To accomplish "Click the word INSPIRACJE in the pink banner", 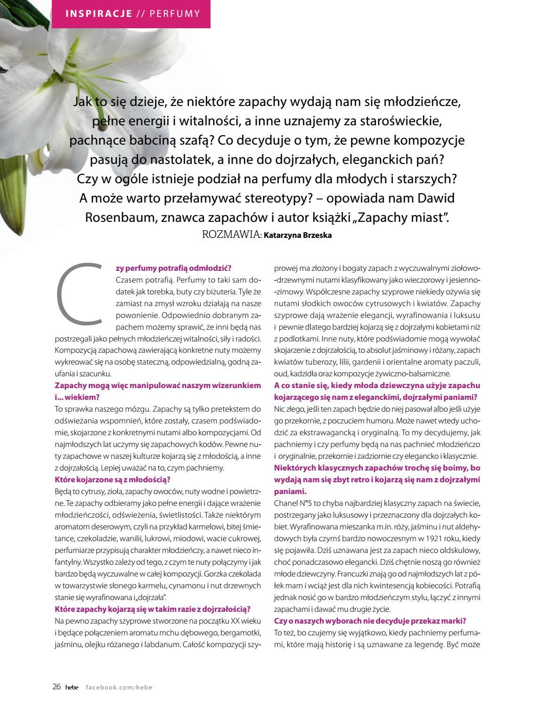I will click(99, 13).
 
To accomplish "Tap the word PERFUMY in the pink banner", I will click(175, 13).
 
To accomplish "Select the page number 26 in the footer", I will click(57, 687).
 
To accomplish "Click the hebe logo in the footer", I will click(72, 687).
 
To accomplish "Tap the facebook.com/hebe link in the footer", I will click(119, 687).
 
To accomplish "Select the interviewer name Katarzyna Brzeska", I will click(298, 235).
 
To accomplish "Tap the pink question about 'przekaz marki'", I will click(370, 621).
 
